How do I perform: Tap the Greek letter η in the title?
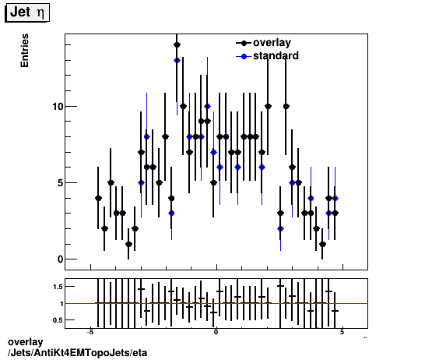point(40,14)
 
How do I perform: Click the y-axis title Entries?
point(25,52)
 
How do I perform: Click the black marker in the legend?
point(244,43)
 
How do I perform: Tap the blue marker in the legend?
point(244,56)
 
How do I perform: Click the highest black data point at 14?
point(177,45)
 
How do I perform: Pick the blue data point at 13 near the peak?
point(177,60)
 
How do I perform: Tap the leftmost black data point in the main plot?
point(98,198)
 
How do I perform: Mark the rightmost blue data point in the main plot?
point(335,198)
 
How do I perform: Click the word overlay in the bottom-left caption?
point(25,343)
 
